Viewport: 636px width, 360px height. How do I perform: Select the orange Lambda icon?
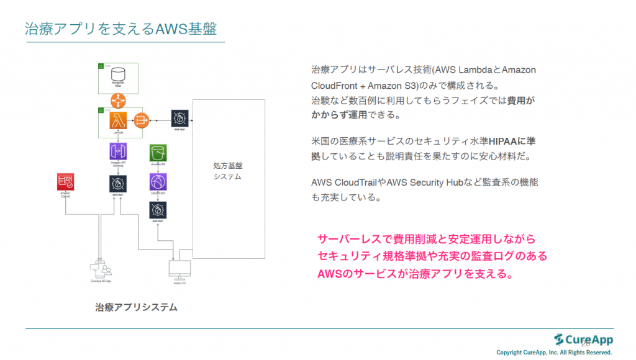[118, 119]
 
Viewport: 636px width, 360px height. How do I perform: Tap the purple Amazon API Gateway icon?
[118, 151]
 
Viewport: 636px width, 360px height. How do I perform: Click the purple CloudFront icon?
[158, 182]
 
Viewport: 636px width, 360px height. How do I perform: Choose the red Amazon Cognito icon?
[65, 182]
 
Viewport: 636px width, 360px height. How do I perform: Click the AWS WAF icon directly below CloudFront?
[158, 210]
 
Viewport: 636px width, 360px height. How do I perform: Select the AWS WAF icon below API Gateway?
[118, 183]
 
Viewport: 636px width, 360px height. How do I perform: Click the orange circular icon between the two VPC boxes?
[118, 99]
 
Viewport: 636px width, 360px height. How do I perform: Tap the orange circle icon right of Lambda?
[141, 118]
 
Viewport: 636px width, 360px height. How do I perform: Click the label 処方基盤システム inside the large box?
[227, 171]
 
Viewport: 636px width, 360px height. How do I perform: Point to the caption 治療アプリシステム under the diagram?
[136, 307]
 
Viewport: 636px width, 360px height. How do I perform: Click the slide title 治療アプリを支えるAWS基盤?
[120, 29]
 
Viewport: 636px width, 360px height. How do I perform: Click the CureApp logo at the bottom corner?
[584, 339]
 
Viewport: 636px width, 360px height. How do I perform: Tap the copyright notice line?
[554, 353]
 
